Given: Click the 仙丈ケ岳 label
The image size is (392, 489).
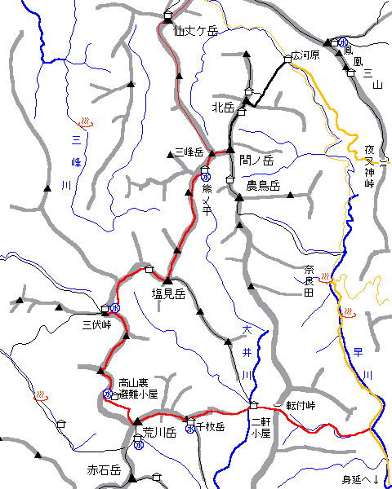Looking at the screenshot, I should [x=197, y=32].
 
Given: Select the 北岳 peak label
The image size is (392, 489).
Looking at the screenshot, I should [x=222, y=108].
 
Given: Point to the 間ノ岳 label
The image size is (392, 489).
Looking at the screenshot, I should [x=256, y=159].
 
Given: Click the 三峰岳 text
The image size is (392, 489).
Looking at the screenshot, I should [x=189, y=152].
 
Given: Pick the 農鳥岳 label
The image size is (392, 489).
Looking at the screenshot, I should [x=263, y=186].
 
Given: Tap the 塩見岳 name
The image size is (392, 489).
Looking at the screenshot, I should [x=169, y=294].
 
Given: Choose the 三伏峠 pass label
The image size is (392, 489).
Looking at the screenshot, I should [x=96, y=324].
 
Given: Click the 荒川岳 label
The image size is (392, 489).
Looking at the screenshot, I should [x=160, y=433].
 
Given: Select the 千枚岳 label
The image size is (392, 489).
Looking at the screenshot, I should [x=210, y=428].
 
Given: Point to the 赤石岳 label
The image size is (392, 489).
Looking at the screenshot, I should [x=105, y=470].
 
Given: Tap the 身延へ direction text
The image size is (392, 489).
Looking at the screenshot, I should [x=361, y=480].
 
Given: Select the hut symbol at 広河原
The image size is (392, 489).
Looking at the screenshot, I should [x=287, y=59].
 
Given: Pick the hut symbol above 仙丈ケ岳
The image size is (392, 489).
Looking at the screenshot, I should [x=168, y=15].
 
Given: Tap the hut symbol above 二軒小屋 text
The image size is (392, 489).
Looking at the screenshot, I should [x=253, y=405].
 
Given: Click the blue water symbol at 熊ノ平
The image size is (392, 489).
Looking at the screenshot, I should [x=206, y=177].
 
